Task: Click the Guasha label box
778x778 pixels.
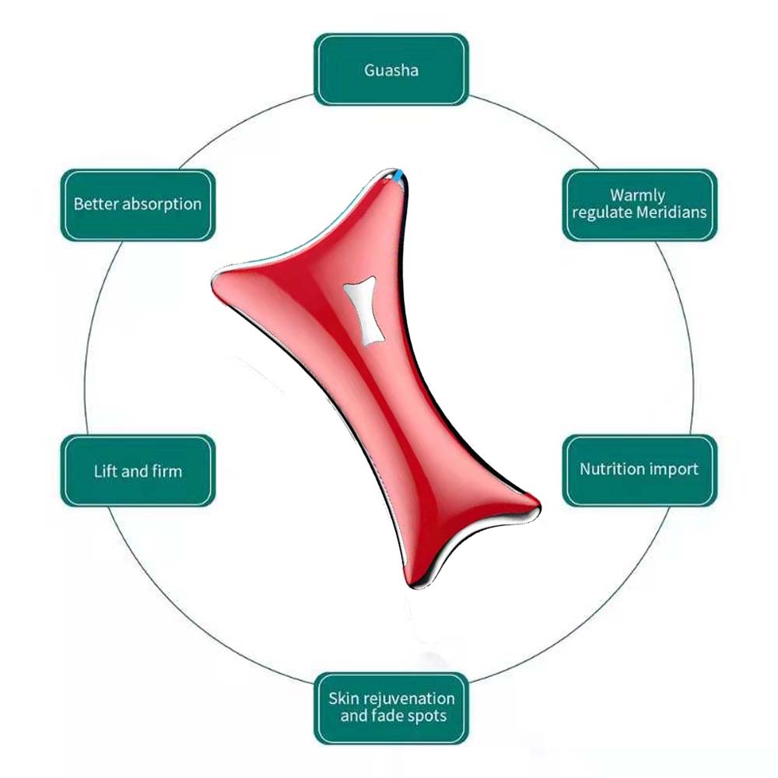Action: coord(391,69)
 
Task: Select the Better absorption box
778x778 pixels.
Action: coord(137,205)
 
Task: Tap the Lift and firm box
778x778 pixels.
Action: coord(137,470)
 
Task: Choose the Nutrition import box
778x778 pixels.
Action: coord(639,470)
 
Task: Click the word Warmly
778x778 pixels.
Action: coord(637,195)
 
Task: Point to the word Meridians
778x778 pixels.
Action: coord(671,212)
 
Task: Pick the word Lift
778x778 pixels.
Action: coord(104,471)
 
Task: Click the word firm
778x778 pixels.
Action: coord(167,471)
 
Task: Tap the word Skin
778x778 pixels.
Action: coord(344,698)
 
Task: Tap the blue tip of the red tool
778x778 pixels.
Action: coord(399,180)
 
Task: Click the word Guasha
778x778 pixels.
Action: coord(391,70)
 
